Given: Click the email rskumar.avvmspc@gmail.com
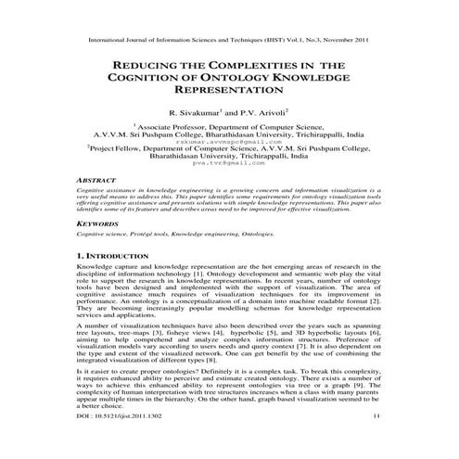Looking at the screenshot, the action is click(229, 149).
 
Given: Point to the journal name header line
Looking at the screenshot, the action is click(229, 42).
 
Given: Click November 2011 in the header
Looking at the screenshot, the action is click(355, 42).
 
